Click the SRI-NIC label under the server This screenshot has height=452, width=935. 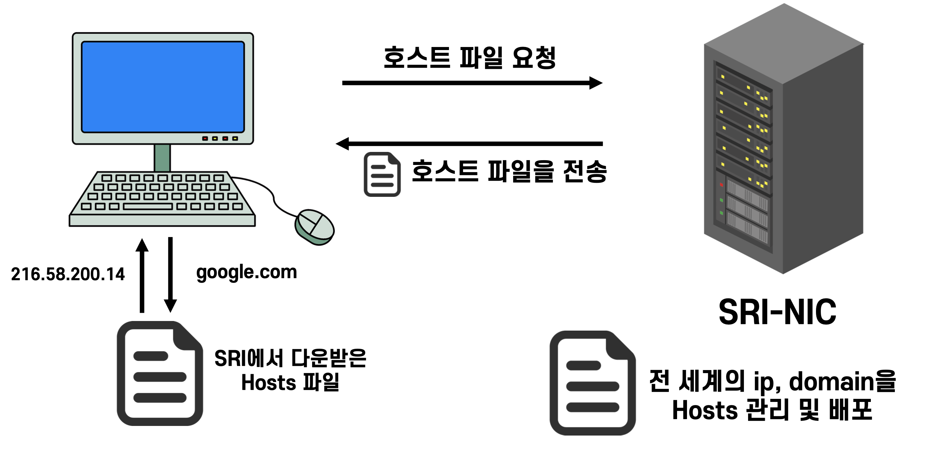(x=778, y=312)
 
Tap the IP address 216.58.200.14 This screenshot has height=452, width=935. (x=68, y=274)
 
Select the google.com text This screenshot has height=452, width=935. (x=247, y=272)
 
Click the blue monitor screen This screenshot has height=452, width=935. (x=163, y=87)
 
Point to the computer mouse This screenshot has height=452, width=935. (x=314, y=227)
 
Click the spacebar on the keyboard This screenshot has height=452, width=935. (x=148, y=206)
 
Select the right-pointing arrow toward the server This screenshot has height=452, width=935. (x=472, y=83)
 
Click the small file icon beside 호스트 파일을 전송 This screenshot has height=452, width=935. (x=382, y=174)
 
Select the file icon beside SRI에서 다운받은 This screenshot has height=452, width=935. (x=160, y=373)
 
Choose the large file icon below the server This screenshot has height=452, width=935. (x=592, y=383)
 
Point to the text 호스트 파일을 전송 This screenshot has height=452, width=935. (x=509, y=171)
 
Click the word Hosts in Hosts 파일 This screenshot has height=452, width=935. (x=269, y=383)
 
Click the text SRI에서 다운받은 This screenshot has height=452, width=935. (x=290, y=358)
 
